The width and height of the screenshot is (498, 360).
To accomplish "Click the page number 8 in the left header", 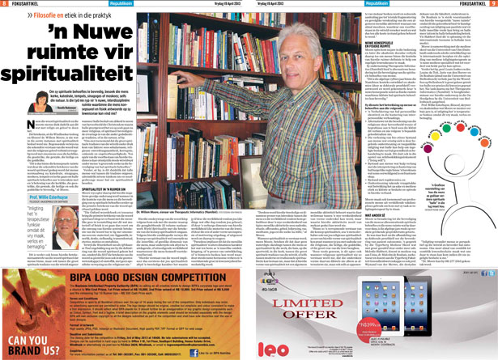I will pos(6,5).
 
